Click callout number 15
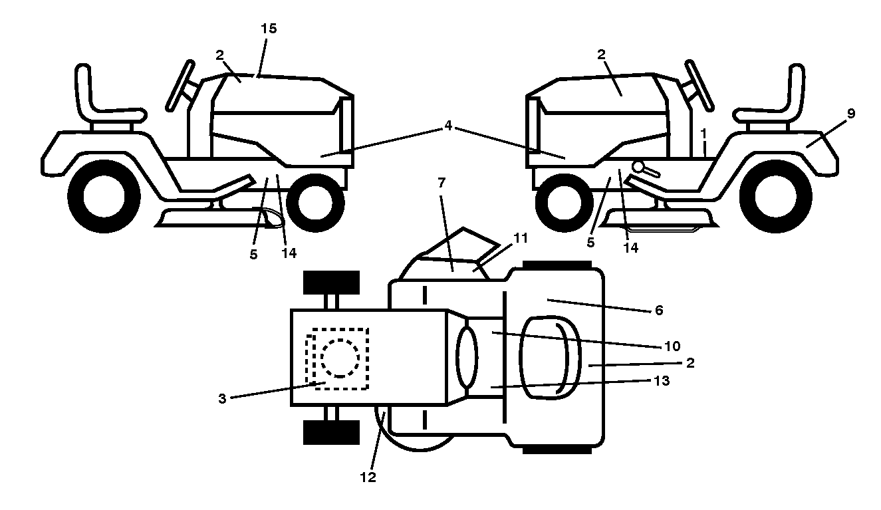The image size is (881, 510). point(269,29)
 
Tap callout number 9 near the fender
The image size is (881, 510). point(850,114)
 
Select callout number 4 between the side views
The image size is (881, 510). point(448,126)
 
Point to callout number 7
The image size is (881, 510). point(441,182)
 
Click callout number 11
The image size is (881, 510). point(521,238)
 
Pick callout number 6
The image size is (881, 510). point(659,311)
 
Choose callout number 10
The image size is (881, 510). point(672,346)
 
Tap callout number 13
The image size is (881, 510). point(662,380)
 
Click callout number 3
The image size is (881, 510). point(222,399)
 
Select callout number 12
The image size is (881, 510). point(368,477)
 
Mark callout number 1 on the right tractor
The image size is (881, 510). point(703,134)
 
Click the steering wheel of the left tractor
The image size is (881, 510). point(180,86)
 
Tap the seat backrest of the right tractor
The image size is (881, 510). point(796,88)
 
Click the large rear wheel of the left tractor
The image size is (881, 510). point(104,196)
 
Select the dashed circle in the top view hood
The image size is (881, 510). point(340,358)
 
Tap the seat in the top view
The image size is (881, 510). point(550,358)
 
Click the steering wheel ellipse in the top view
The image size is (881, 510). point(467,358)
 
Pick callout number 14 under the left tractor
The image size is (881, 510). point(289,253)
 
